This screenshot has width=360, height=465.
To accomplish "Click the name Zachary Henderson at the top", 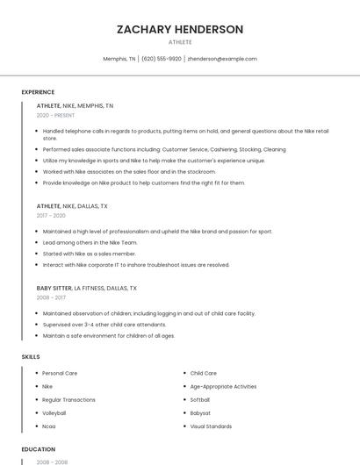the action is coord(180,29).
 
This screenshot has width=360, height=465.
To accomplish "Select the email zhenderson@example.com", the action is coord(222,59).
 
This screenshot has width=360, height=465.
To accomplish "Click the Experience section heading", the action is coord(38,92).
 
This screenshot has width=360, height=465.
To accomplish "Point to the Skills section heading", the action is coord(31,357).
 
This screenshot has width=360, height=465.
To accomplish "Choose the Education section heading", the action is coord(39,449).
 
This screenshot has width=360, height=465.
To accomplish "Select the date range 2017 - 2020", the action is coord(51,216).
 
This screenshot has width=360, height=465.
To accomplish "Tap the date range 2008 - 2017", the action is coord(51,297).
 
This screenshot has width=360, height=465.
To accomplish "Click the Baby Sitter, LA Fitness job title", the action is coord(86,288).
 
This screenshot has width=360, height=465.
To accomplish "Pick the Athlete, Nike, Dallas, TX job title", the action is coord(72,206).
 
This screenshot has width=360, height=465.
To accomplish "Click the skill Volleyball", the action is coord(54,413).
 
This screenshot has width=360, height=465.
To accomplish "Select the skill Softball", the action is coord(200,400).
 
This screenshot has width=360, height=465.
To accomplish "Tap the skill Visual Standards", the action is coord(211,426).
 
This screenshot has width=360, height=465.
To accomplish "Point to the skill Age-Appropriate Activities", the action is coord(223,387).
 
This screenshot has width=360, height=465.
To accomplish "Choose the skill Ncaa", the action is coord(49,426).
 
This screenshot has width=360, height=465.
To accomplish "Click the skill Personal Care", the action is coord(60,374).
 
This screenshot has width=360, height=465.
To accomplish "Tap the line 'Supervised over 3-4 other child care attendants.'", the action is coord(104,325).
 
